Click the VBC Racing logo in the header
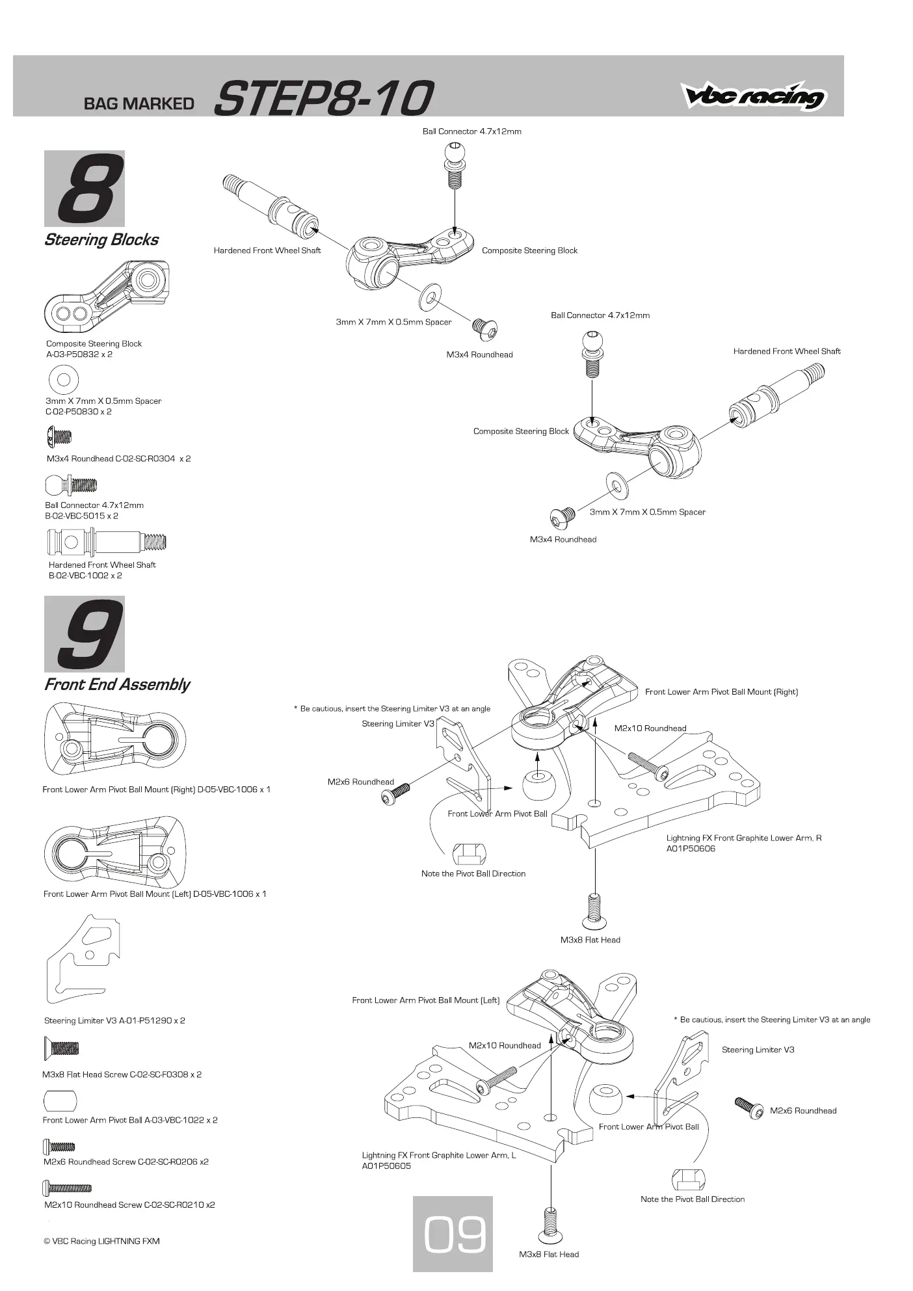click(x=753, y=96)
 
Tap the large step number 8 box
click(x=85, y=189)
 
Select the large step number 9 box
click(x=85, y=634)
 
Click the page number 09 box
click(x=453, y=1234)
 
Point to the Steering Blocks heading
click(x=101, y=240)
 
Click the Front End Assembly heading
click(x=117, y=685)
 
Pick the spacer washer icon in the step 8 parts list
click(x=64, y=379)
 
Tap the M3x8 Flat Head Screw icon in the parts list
click(x=61, y=1048)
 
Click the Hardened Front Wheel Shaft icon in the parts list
click(x=107, y=541)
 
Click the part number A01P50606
click(x=691, y=849)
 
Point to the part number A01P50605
click(x=386, y=1166)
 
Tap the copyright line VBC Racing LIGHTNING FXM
click(x=101, y=1241)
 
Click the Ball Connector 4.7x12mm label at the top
click(x=472, y=131)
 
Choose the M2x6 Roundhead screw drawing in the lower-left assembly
click(x=749, y=1107)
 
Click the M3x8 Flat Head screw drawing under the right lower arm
click(x=594, y=911)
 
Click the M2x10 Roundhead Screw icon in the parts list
click(x=68, y=1188)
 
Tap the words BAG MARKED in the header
click(x=139, y=104)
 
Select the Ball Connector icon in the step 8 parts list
click(x=71, y=485)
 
